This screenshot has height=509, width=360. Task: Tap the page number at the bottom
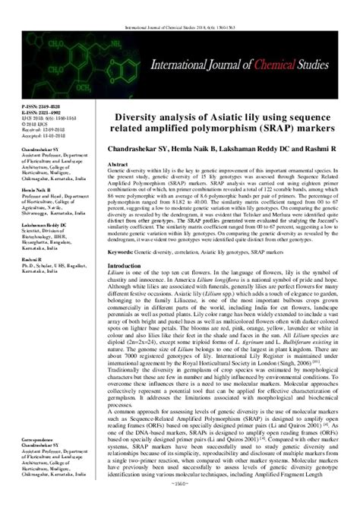click(x=179, y=503)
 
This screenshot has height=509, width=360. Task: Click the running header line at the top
click(x=180, y=5)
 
